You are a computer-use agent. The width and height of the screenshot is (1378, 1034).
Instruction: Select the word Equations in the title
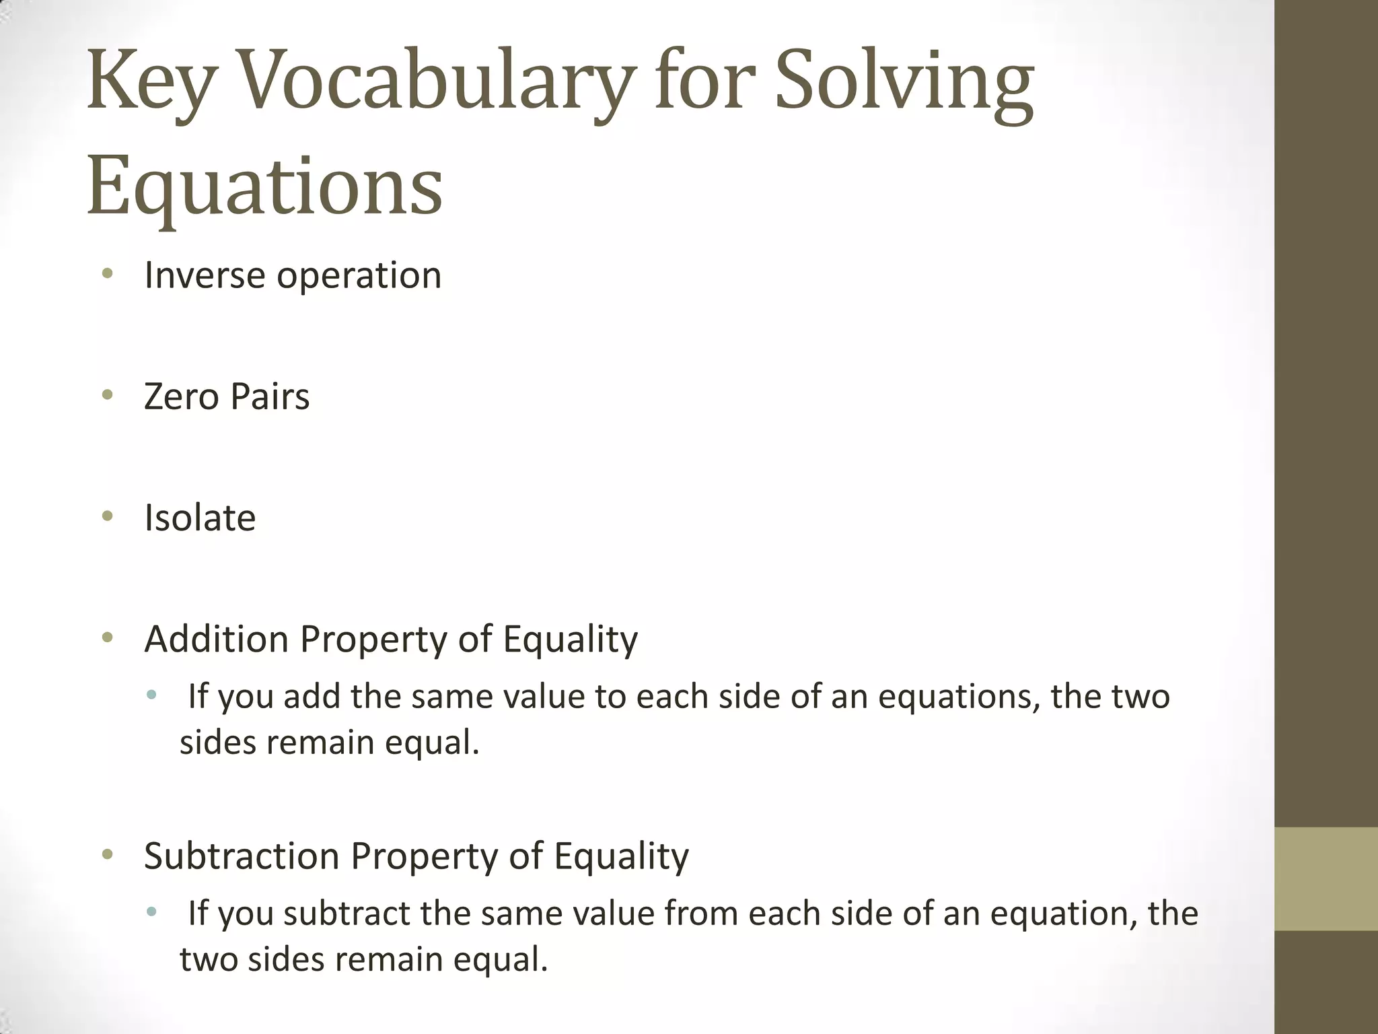tap(264, 185)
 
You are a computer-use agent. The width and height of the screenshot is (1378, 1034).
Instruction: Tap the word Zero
tap(181, 397)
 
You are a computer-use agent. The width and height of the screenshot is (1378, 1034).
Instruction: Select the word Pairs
tap(270, 397)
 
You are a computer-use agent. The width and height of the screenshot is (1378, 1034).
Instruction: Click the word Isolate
tap(200, 518)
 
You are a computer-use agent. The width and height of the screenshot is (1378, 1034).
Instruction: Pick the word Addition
tap(217, 639)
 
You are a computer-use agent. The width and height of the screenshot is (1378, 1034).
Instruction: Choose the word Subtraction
tap(242, 856)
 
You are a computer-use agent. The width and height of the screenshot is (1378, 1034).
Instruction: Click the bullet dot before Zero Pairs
tap(107, 395)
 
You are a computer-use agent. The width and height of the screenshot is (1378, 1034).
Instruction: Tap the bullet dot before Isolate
tap(107, 516)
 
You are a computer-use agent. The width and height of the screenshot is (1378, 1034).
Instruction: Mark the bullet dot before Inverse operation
tap(107, 274)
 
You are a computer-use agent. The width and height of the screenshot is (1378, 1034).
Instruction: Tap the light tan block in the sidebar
tap(1326, 879)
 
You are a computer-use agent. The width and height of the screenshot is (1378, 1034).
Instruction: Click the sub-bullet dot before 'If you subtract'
tap(151, 913)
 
